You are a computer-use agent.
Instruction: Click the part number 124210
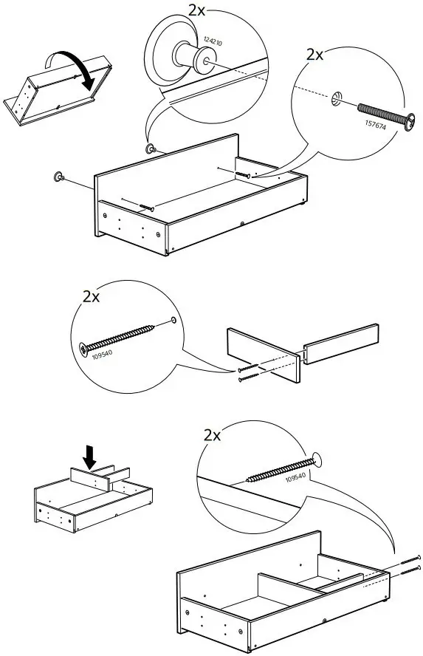(213, 41)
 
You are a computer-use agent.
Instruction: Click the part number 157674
(375, 124)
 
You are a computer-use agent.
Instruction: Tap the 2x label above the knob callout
(196, 10)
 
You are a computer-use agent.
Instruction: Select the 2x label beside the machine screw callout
(314, 55)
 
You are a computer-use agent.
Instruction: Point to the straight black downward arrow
(89, 457)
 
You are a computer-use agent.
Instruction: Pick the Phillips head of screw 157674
(410, 122)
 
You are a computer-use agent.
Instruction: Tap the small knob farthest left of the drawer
(58, 177)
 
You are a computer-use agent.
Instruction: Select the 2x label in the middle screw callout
(91, 297)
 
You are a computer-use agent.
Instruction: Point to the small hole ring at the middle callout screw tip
(173, 321)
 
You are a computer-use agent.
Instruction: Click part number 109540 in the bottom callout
(295, 476)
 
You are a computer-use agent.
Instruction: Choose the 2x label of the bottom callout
(212, 436)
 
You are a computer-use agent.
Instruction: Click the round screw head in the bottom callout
(317, 459)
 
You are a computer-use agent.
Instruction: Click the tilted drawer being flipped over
(58, 90)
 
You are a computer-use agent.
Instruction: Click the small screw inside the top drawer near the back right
(243, 175)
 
